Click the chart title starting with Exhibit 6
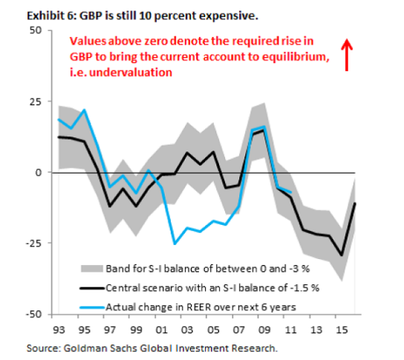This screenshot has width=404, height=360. pos(143,16)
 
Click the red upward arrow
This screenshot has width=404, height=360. pos(347,55)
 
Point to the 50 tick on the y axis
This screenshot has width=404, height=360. pos(36,30)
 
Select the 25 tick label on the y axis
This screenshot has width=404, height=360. pos(36,102)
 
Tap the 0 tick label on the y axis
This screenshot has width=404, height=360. pos(39,172)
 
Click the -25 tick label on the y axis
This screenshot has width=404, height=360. pos(33,243)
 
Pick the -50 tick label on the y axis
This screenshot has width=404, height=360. pos(33,314)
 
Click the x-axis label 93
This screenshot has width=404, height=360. pos(59,330)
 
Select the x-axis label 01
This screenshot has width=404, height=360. pos(162,330)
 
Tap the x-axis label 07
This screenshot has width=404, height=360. pos(239,330)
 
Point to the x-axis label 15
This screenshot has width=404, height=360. pos(342,330)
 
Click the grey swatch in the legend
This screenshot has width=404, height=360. pos(92,269)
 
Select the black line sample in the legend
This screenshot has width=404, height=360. pos(92,288)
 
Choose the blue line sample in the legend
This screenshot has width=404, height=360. pos(92,307)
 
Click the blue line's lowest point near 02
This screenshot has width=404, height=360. pos(175,243)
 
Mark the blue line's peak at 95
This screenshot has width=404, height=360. pos(84,110)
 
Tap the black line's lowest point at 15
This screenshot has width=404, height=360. pos(342,255)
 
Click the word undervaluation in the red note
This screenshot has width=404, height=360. pos(131,73)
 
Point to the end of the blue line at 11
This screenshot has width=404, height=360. pos(291,192)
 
